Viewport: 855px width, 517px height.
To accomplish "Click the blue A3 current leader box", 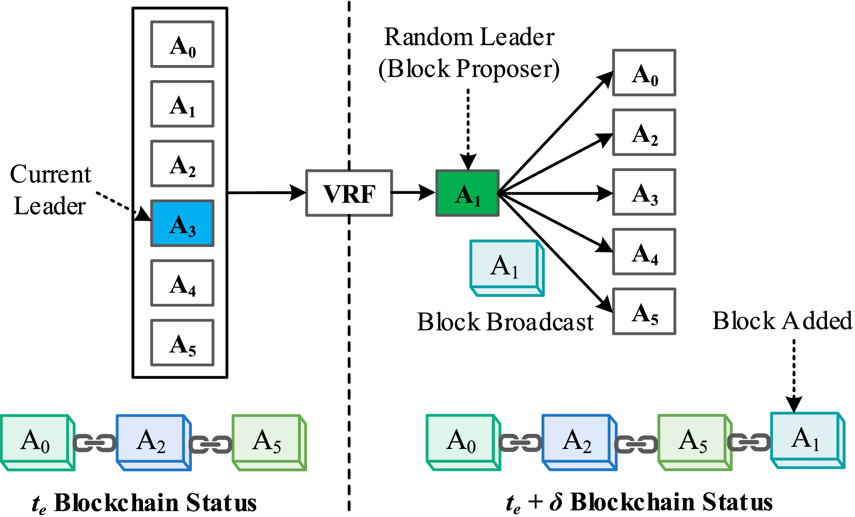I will click(182, 223).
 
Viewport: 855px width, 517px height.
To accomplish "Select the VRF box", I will click(349, 193).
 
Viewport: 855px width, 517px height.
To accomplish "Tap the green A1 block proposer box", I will click(467, 193).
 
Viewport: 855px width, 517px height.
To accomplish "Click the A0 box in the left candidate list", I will click(182, 44).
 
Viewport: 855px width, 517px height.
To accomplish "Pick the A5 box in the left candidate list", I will click(182, 343).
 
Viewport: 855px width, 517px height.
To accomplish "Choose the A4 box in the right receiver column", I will click(644, 252).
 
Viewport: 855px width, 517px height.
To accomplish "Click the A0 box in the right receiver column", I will click(644, 73).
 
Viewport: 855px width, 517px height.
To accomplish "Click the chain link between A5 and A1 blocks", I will click(749, 442).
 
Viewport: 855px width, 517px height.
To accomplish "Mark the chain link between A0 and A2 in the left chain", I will click(94, 443).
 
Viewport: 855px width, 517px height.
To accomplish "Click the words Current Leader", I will click(50, 190).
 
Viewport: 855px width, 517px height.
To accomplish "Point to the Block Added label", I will click(781, 321).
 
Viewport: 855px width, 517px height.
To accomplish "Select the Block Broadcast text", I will click(505, 322).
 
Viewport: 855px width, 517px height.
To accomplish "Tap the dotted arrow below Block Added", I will click(794, 375).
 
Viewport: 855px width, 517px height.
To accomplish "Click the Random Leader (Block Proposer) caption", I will click(469, 53).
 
